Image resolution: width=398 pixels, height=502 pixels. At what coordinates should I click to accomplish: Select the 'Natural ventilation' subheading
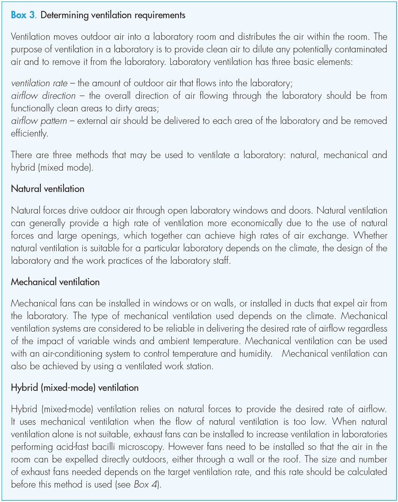point(47,189)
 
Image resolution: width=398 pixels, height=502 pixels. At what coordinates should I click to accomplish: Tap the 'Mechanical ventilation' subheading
point(55,282)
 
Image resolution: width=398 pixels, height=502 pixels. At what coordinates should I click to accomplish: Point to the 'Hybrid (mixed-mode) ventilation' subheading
point(75,387)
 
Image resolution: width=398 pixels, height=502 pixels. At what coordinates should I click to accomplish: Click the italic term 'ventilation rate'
point(39,83)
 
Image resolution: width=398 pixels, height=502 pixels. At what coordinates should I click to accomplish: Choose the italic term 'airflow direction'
point(43,96)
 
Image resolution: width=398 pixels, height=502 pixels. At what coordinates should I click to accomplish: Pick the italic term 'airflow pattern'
point(39,120)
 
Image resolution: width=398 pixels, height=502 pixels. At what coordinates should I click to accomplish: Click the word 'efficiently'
point(30,133)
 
